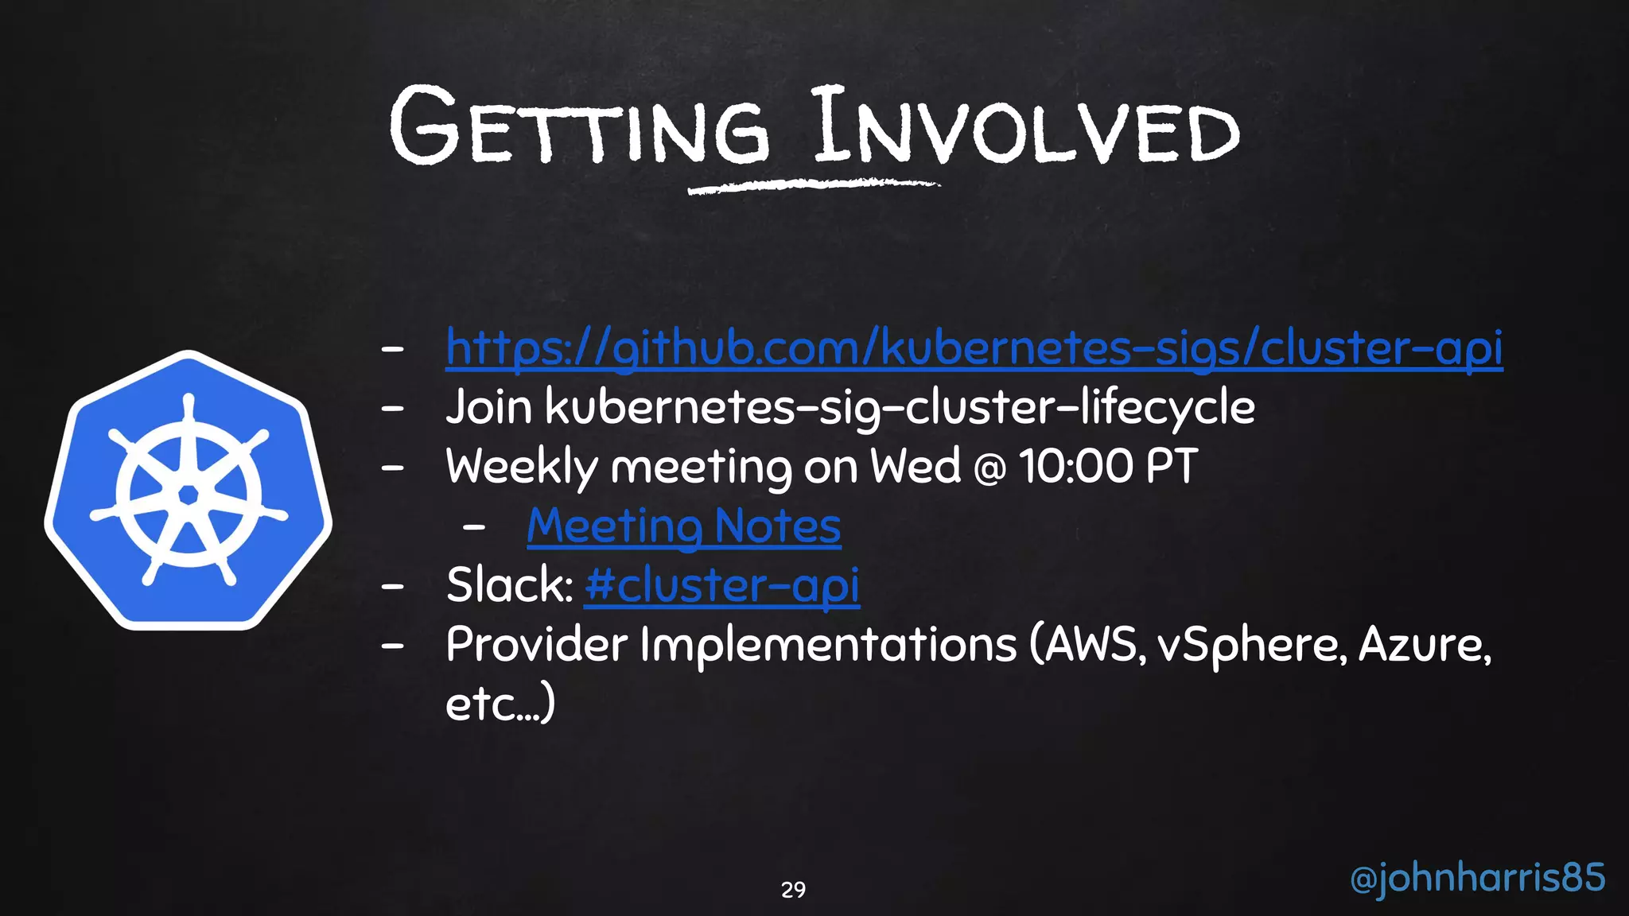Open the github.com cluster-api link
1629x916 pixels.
[974, 347]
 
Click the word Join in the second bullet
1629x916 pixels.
[488, 407]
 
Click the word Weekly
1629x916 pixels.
[521, 467]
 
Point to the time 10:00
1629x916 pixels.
[1075, 467]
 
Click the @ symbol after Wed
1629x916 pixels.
[989, 468]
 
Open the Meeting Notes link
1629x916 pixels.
[683, 526]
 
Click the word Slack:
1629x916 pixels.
[509, 585]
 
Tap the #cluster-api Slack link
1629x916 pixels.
[721, 586]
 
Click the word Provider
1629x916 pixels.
[537, 644]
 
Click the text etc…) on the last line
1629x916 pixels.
[500, 704]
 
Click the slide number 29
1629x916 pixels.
[793, 890]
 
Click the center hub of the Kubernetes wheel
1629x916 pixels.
[189, 495]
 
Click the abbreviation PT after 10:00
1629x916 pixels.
[1171, 467]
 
